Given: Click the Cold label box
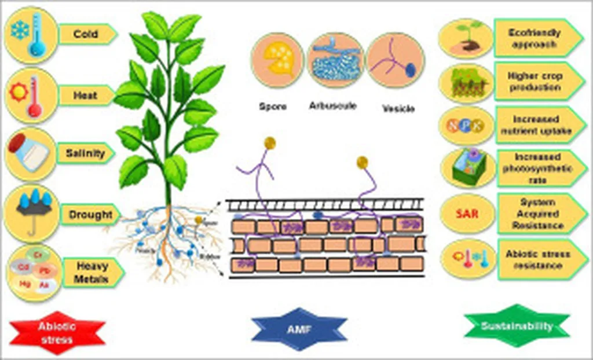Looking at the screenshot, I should [x=86, y=34].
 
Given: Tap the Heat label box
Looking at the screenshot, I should [x=86, y=95].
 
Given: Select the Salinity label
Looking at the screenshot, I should [x=85, y=153].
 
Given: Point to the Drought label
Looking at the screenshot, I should [x=90, y=215].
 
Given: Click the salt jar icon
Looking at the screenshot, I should [x=31, y=153].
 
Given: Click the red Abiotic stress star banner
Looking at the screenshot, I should [x=57, y=333].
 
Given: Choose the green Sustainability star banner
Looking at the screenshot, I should [x=517, y=326].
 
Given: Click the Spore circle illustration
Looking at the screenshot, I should [x=277, y=60].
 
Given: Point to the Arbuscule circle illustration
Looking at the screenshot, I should [x=335, y=60].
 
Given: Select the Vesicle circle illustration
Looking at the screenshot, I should [x=396, y=60].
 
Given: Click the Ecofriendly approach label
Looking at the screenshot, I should [x=535, y=38].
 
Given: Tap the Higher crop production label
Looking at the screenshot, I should [x=535, y=82].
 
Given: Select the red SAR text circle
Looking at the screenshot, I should [x=467, y=214].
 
